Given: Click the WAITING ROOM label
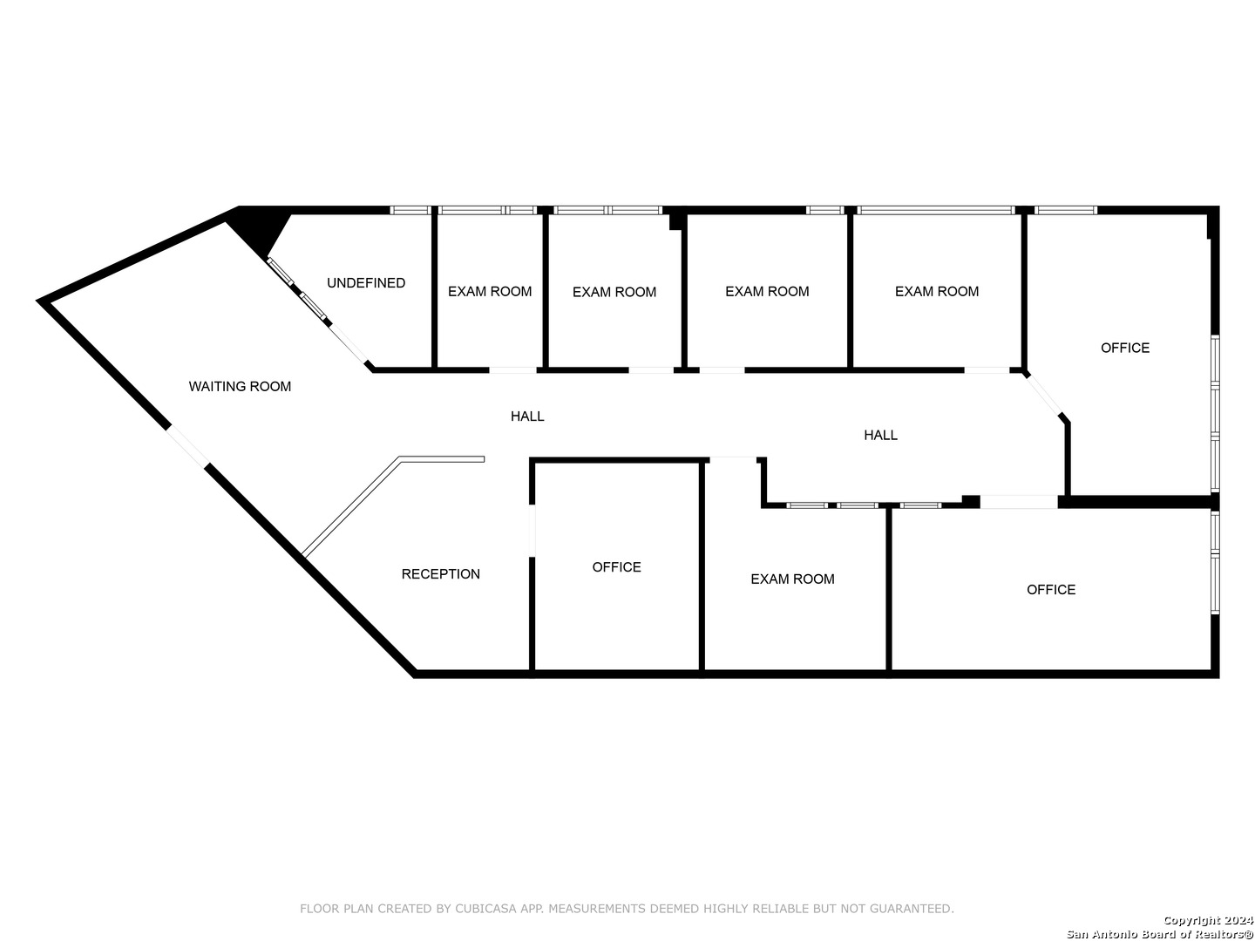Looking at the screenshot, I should tap(240, 386).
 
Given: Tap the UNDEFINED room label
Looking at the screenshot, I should tap(365, 283).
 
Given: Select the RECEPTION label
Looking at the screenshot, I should tap(440, 574).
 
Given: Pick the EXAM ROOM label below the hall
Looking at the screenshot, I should tap(792, 579).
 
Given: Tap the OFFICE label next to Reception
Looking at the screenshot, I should tap(616, 567).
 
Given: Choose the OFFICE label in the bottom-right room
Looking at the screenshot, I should tap(1050, 590).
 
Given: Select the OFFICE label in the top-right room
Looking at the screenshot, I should tap(1124, 348).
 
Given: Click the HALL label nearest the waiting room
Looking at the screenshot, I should tap(527, 416).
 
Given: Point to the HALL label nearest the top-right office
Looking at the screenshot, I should tap(880, 435).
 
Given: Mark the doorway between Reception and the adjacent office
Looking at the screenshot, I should tap(532, 529).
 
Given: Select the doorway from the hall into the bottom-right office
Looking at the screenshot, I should tap(1018, 502).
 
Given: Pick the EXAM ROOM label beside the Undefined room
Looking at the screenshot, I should tap(490, 292).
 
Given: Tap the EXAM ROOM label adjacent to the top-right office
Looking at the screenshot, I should tap(937, 292).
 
